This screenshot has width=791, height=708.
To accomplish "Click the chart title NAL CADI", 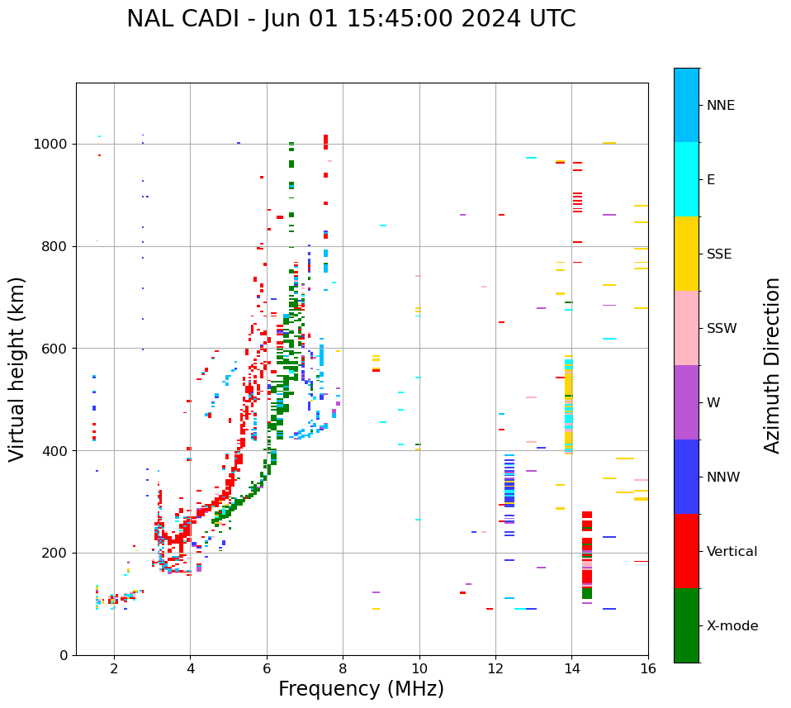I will point(351,19).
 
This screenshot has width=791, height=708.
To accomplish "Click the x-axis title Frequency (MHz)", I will point(361,689).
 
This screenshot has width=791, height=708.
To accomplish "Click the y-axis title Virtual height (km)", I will point(17,369).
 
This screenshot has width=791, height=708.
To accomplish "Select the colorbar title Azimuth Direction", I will point(772,365).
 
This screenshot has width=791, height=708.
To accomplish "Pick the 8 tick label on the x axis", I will point(343,668).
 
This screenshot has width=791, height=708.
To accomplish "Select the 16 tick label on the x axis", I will point(648,668).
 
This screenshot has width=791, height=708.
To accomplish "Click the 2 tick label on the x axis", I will point(114,668).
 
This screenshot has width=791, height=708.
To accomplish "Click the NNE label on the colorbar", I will point(720,106).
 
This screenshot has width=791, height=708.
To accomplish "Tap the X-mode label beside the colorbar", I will point(732,626).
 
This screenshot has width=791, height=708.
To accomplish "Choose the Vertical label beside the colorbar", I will point(732,552).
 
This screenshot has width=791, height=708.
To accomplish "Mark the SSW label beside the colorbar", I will point(722,329).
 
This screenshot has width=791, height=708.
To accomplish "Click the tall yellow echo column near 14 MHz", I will point(568,405).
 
